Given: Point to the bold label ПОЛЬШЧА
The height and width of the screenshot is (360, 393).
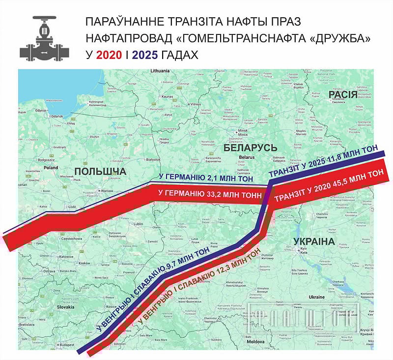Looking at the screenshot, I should (100, 171).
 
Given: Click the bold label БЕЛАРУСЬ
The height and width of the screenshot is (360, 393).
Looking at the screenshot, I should (250, 148).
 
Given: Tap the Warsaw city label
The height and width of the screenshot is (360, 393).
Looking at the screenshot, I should (107, 190).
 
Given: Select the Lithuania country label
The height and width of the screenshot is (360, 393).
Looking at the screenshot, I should (160, 71).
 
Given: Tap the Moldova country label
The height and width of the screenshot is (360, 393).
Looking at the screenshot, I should (255, 341).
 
